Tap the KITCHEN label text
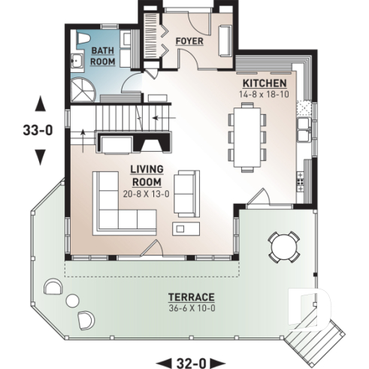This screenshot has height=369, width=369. coord(263,83)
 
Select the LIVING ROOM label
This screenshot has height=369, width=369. coord(147,176)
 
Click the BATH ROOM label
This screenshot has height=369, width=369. coord(102,56)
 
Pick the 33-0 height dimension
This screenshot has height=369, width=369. coord(38,129)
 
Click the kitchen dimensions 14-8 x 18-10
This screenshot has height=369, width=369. coord(263,95)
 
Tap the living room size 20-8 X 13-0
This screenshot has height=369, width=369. coord(147,192)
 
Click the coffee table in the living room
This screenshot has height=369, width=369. coord(183,226)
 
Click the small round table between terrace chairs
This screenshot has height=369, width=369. coord(72,301)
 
